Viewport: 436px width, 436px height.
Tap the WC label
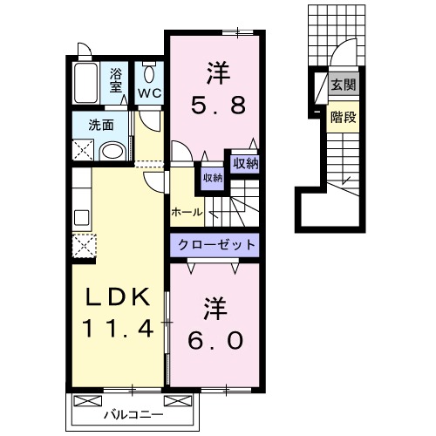point(149,93)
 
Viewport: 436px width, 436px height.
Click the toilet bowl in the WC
point(149,74)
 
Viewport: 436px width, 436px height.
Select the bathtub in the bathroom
point(85,83)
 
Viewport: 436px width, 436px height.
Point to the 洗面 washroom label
point(101,125)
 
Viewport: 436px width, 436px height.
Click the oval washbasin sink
point(112,152)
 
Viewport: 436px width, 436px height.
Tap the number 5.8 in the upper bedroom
point(218,106)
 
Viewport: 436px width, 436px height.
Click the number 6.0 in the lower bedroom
point(215,340)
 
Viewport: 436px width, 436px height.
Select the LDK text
point(118,296)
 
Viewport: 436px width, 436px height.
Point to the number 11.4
point(118,328)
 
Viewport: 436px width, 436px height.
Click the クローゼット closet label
point(216,245)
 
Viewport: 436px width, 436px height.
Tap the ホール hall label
point(187,213)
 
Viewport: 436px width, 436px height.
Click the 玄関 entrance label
point(344,85)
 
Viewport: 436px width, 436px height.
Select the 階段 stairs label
point(344,117)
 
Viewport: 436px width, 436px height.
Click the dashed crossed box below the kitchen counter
point(84,246)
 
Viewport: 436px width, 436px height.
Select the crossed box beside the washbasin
point(83,150)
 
